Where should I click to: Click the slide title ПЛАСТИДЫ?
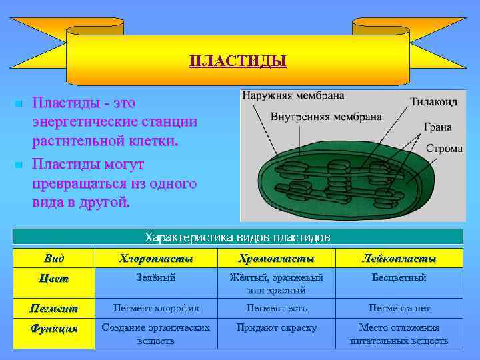click(238, 62)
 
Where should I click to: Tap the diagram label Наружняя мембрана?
click(293, 95)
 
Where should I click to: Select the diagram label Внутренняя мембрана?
click(326, 116)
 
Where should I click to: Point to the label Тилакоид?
click(434, 103)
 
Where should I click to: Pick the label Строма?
click(444, 148)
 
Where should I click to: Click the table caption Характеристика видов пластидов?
click(238, 237)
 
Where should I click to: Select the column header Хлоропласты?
click(156, 259)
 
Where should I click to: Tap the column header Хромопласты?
click(276, 259)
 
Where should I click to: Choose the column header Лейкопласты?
click(399, 259)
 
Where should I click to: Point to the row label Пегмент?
click(54, 309)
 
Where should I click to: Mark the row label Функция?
click(54, 329)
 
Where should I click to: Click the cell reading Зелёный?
click(156, 278)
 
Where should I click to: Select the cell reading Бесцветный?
click(399, 278)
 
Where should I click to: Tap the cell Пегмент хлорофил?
click(156, 309)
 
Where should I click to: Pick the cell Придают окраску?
click(276, 328)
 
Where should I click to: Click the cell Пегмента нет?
click(399, 309)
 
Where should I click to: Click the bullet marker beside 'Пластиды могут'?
click(20, 164)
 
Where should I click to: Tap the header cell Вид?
click(54, 258)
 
